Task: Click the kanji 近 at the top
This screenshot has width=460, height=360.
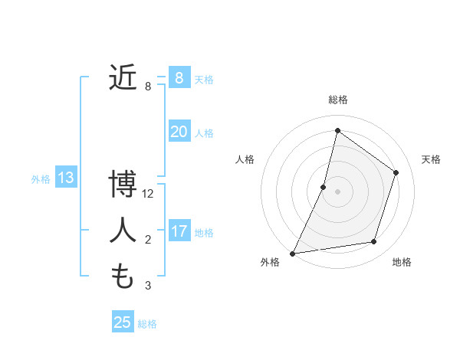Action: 123,77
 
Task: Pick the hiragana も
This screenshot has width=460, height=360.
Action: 123,275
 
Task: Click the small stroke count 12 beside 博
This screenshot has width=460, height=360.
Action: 148,194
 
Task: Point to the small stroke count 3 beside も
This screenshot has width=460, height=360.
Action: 148,286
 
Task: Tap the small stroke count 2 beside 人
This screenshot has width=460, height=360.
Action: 148,240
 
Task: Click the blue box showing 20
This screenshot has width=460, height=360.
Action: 179,131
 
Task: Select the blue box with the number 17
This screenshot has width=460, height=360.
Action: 179,231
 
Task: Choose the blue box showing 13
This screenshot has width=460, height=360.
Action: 65,178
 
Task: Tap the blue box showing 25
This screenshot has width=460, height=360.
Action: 123,322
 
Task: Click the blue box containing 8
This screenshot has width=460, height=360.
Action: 179,77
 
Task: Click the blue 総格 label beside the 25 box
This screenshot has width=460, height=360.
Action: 147,324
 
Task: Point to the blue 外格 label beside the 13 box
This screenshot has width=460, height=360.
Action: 41,179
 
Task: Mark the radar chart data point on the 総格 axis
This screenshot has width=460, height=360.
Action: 337,130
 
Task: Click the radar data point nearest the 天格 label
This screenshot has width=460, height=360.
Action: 396,172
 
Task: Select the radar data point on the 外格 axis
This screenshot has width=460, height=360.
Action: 292,254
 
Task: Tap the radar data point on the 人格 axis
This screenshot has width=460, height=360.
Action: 324,187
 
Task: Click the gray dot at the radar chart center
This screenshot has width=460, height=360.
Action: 337,191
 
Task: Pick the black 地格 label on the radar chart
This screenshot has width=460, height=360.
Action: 402,262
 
